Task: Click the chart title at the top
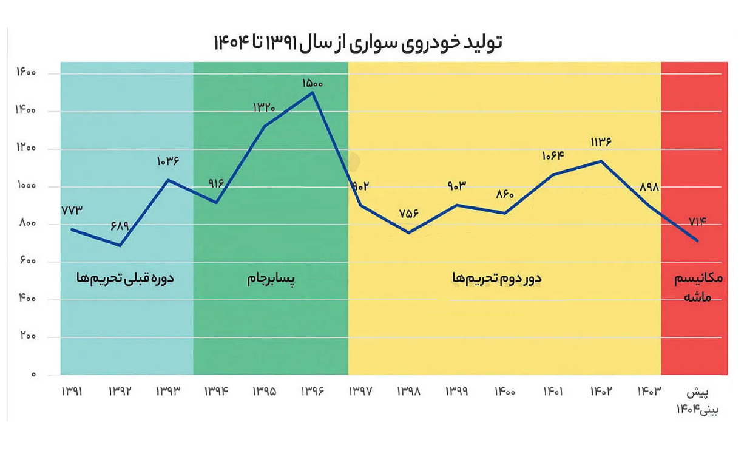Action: [358, 43]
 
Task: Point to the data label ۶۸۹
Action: [120, 226]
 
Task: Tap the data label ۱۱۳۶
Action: [600, 142]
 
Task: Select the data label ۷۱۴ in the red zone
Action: [697, 221]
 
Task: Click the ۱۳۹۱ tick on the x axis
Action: [72, 392]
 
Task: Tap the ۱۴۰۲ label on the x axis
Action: [600, 392]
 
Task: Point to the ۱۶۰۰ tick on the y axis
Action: [26, 73]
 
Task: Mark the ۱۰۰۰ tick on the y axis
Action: [26, 186]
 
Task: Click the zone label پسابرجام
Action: [271, 279]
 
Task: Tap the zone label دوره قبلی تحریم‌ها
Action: [125, 279]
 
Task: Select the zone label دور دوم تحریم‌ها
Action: [497, 279]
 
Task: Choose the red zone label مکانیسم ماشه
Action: [698, 288]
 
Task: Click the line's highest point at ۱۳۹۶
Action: [312, 92]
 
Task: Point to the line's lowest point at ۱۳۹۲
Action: [120, 245]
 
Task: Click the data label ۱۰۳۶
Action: [168, 162]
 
